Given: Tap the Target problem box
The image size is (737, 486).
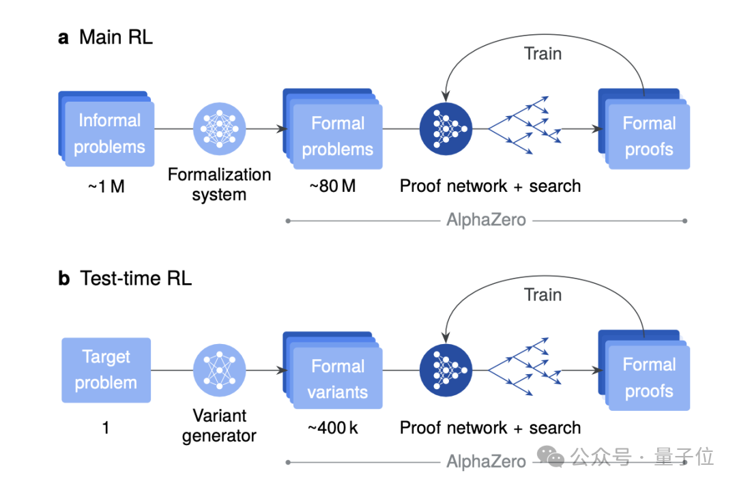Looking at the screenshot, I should pos(106,369).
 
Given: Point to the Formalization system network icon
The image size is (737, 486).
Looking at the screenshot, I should pos(219,128).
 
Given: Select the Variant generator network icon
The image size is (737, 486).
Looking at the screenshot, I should pos(219,370).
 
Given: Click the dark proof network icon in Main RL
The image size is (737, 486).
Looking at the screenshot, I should pos(446,128).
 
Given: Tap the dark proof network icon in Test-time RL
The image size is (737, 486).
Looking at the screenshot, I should pos(446,370).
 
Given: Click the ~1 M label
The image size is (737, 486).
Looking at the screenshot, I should pos(106,186).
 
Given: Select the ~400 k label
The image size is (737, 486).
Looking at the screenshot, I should pos(332,428).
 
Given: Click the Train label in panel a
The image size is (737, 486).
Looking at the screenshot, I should pos(543,53).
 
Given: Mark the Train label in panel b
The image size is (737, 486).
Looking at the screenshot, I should pos(543,295).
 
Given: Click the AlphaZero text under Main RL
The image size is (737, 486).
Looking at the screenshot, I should pos(486,220).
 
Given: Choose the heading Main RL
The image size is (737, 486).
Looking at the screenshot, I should pos(115,37).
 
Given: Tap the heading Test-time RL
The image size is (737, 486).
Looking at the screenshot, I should pos(135,278).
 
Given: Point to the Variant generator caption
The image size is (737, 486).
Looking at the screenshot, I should pos(219,425).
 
